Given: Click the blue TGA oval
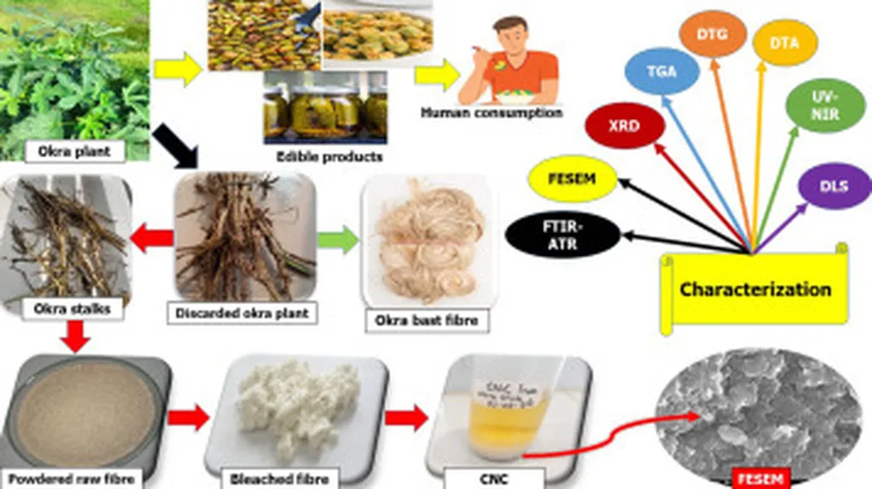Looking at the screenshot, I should (662, 71).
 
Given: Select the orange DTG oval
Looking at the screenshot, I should (713, 35).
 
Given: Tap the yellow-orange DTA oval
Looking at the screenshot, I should (783, 43).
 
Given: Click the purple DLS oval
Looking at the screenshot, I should (835, 186).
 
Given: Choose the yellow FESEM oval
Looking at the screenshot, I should (571, 179).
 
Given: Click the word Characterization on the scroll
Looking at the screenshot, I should (754, 289).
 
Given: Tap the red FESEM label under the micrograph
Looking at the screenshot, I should (762, 478).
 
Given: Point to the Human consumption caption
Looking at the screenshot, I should (492, 112).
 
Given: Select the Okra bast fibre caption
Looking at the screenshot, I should (427, 321).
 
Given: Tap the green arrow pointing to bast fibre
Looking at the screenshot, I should (338, 239).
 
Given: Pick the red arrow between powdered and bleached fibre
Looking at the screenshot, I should (189, 417).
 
